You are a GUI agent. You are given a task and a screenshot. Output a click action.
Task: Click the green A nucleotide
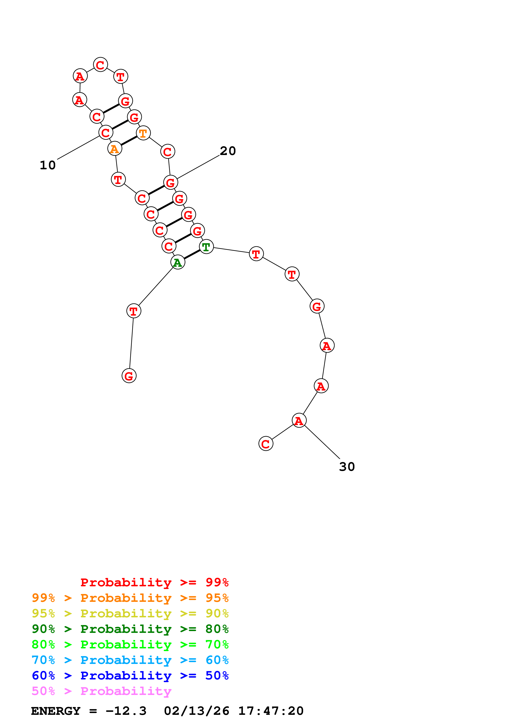(178, 262)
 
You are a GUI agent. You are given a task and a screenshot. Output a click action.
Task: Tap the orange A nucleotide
(114, 148)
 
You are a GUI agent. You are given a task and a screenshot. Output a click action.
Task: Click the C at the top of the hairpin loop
(100, 65)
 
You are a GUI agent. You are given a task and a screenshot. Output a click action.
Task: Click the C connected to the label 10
(106, 132)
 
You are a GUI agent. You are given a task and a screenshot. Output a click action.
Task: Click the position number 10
(48, 165)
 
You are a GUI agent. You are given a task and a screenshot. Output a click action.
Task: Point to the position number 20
(228, 151)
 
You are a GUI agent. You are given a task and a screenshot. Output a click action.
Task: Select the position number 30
(347, 467)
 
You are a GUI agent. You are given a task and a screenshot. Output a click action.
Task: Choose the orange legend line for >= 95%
(130, 598)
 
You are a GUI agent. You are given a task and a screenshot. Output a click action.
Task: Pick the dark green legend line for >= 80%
(130, 629)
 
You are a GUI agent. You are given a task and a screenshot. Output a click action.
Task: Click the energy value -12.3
(126, 711)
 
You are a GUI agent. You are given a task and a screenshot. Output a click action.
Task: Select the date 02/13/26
(196, 711)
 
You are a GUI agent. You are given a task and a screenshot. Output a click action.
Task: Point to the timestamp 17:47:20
(270, 711)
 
